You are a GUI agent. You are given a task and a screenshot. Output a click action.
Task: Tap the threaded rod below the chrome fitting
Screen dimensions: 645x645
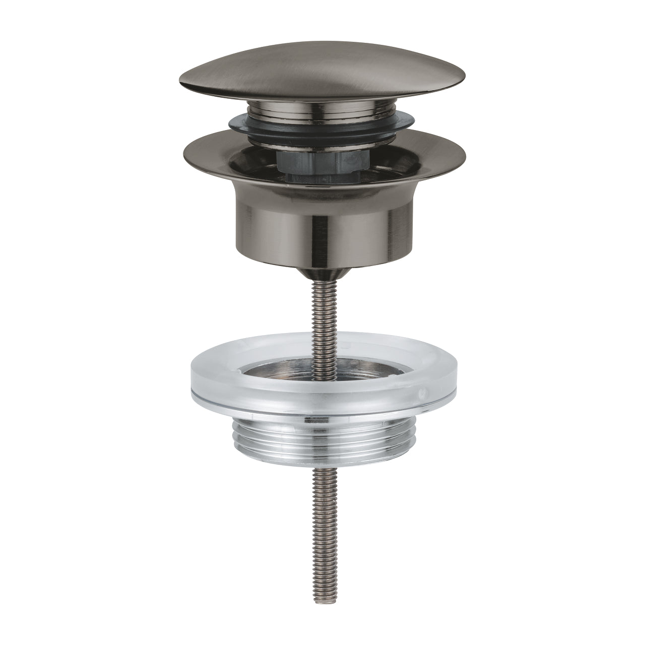321,504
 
